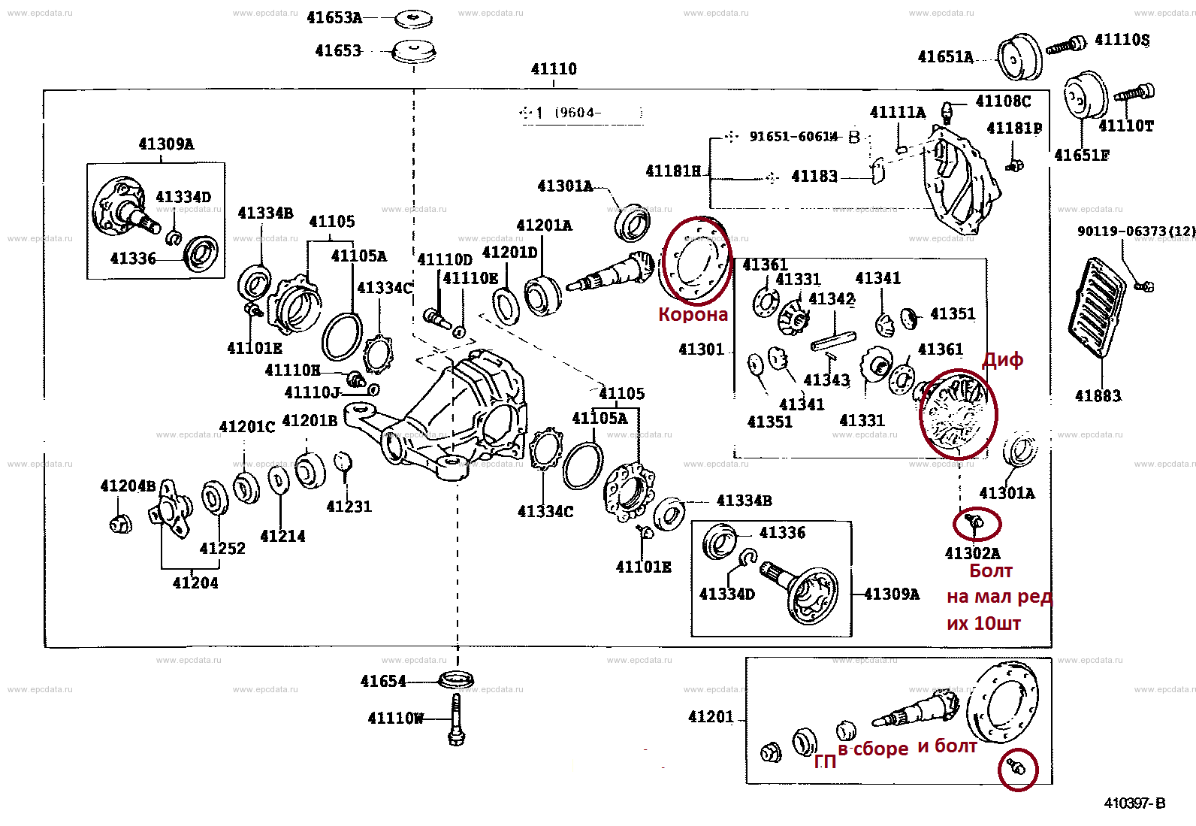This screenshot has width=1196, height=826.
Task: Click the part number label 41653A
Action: [334, 17]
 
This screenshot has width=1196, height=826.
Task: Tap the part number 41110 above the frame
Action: [554, 69]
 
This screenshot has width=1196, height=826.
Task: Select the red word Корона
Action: [693, 314]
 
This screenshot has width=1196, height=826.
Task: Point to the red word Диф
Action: [1003, 360]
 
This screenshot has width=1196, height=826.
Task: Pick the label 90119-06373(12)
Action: [1136, 231]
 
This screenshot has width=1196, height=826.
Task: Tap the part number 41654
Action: [383, 681]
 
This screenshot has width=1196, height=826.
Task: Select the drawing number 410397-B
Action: [1134, 803]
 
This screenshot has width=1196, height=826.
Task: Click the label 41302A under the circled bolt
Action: [972, 553]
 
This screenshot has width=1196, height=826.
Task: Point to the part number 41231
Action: [349, 507]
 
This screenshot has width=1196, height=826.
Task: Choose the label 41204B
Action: [128, 486]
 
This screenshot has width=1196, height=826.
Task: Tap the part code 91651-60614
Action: [793, 136]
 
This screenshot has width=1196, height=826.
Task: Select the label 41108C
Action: [1003, 101]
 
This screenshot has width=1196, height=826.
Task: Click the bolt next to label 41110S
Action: [1067, 45]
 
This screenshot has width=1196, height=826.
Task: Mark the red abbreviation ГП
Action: [825, 762]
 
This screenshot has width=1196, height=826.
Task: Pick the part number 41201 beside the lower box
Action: [711, 716]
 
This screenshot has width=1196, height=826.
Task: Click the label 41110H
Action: [292, 371]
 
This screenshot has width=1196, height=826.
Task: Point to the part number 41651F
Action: [1082, 156]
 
